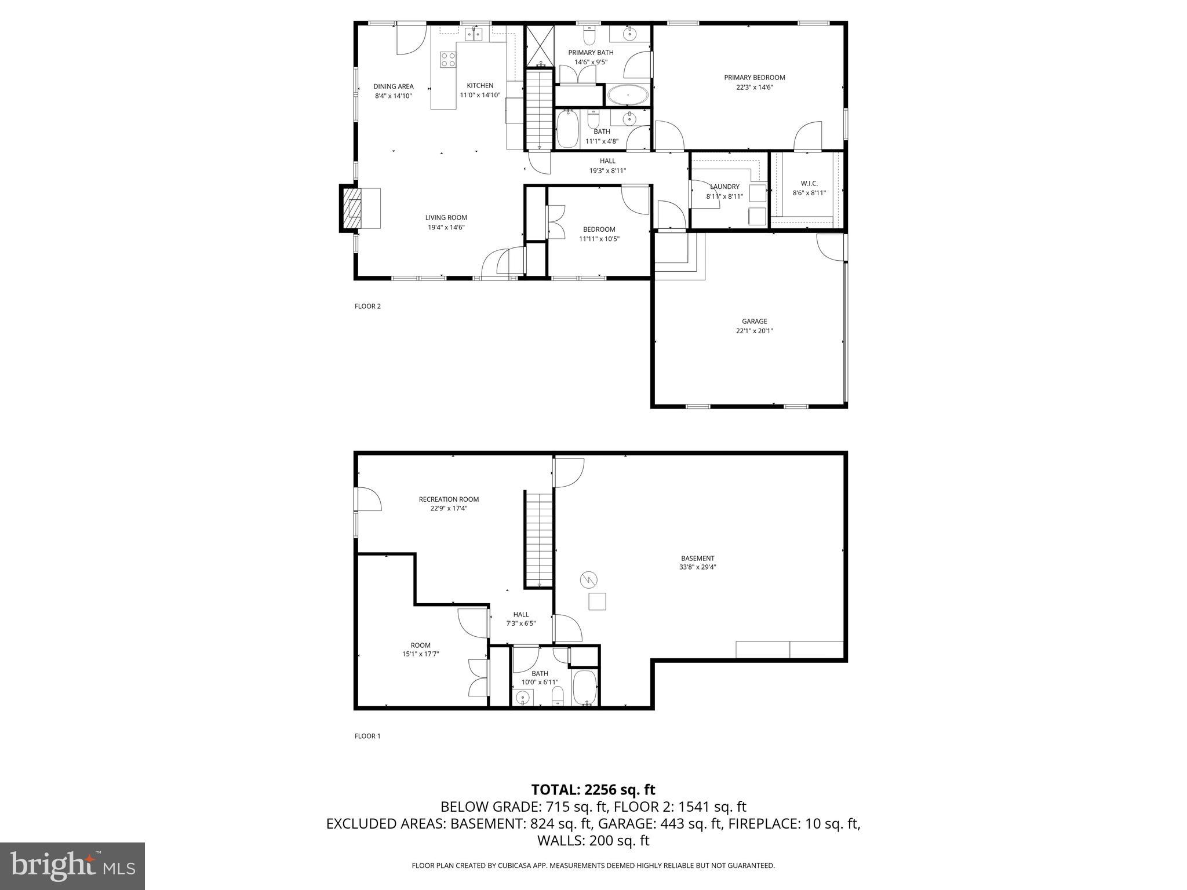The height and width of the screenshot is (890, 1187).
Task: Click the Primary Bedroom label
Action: coord(754,78)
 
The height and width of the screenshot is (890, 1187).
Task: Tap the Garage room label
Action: coord(754,322)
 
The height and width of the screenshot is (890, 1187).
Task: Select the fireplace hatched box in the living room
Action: coord(351,209)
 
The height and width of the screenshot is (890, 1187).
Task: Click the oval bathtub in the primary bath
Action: coord(628,94)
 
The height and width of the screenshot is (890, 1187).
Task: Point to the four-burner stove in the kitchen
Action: coord(447,59)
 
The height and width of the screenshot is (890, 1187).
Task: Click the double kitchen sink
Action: coord(474,34)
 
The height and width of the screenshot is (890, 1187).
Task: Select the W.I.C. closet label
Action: coord(809,184)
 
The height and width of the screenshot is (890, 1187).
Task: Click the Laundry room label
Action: coord(724,187)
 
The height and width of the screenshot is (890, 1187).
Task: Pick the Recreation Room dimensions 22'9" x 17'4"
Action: coord(449,509)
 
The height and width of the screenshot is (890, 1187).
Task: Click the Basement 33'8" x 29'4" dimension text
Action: coord(697,568)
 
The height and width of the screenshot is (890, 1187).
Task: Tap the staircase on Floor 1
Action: coord(539,539)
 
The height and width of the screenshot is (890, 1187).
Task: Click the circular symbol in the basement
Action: coord(589,579)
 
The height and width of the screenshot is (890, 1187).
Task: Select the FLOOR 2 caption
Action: coord(367,307)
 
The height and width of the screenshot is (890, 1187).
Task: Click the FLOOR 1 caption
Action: coord(367,736)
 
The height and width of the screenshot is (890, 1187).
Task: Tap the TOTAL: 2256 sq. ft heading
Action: coord(593,789)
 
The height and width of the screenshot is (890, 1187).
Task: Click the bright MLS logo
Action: coord(72,866)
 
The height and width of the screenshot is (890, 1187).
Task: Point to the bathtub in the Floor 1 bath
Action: coord(584,688)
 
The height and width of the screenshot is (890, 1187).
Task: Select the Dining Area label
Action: coord(393,87)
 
